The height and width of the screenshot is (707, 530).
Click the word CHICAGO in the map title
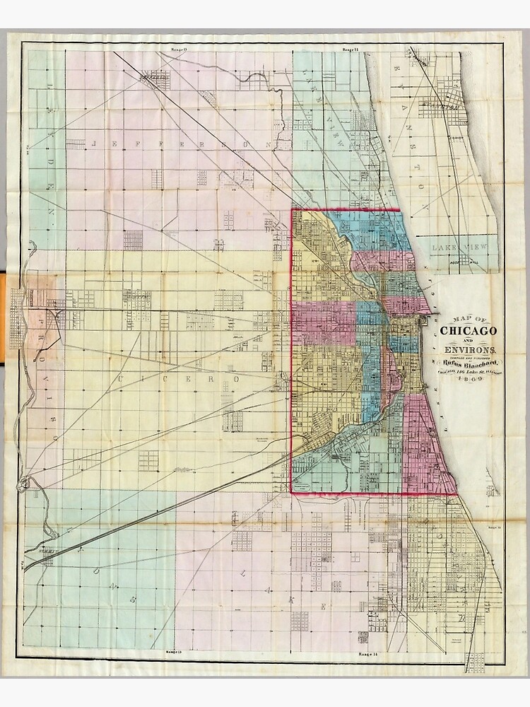468,330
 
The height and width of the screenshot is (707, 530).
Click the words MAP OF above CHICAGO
468,317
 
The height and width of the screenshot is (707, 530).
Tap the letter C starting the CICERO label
122,379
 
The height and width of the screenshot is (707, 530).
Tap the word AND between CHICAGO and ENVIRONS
468,340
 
